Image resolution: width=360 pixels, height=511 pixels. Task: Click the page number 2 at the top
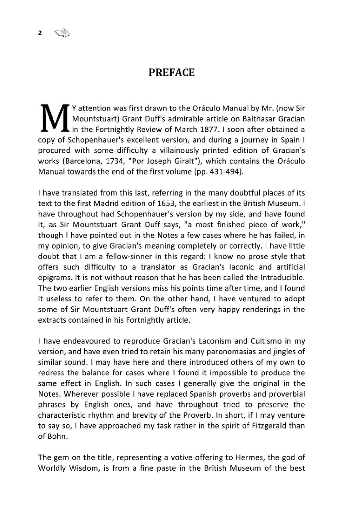(40, 33)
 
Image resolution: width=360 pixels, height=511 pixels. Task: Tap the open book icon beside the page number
(62, 33)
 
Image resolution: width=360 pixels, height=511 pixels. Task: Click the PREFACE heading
(172, 73)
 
